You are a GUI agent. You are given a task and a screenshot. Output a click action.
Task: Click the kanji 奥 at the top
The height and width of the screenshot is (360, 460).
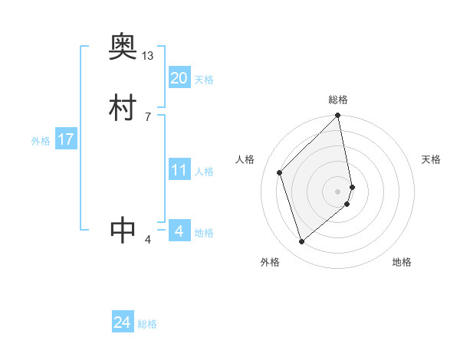123,48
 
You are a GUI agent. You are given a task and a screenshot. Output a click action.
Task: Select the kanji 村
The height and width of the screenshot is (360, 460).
123,106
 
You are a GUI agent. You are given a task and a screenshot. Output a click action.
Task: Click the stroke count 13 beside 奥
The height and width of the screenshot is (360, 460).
148,56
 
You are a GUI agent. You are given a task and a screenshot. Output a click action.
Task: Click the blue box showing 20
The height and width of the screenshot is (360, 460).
179,78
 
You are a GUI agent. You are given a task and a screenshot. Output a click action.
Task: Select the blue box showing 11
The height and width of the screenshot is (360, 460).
179,170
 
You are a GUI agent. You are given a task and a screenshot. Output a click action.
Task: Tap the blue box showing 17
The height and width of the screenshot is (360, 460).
65,139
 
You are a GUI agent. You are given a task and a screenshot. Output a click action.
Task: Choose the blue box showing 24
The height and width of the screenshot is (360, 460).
122,323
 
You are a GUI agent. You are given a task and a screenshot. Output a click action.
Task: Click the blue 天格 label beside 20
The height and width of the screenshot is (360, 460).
204,80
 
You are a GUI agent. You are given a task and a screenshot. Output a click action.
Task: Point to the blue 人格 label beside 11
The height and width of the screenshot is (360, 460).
204,172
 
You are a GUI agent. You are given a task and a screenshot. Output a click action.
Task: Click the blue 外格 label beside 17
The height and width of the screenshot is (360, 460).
41,141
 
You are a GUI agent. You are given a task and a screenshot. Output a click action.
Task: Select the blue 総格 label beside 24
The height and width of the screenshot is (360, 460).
147,325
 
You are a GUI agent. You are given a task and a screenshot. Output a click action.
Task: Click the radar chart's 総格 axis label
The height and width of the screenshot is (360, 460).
338,100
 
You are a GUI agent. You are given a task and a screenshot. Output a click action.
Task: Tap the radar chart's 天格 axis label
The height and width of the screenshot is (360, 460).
432,159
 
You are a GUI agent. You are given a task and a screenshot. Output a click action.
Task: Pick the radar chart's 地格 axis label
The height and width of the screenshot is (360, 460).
402,262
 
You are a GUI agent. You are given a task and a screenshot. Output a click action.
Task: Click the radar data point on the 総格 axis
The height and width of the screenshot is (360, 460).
338,116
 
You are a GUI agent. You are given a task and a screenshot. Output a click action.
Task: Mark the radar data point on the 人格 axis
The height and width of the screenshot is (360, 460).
280,172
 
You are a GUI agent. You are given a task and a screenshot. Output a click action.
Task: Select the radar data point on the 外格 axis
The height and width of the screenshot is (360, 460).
302,241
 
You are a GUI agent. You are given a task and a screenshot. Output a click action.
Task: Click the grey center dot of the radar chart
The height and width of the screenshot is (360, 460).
338,191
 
